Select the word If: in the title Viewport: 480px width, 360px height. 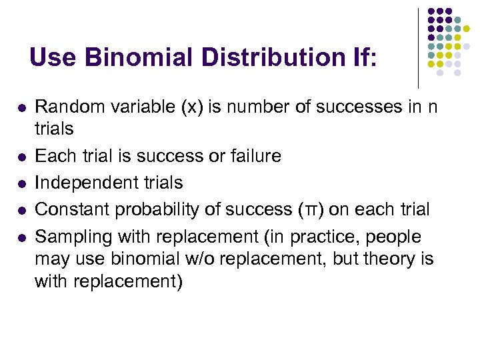tap(359, 57)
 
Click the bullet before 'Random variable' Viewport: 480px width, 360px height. tap(21, 107)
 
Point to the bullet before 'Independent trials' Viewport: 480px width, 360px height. tap(21, 183)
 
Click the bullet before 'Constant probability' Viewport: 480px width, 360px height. tap(21, 210)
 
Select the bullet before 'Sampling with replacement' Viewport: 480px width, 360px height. tap(21, 237)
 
